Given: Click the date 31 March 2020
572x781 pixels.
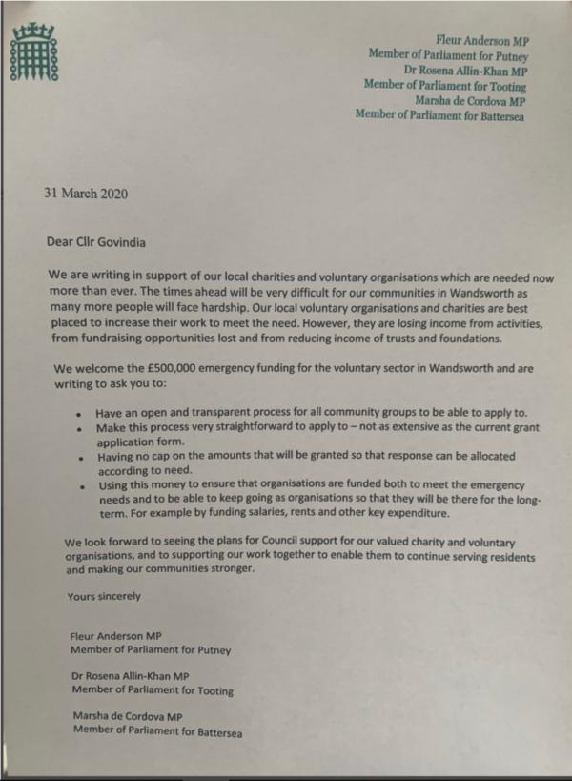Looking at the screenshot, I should [x=86, y=193].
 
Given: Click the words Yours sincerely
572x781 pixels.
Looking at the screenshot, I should [x=104, y=596].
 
